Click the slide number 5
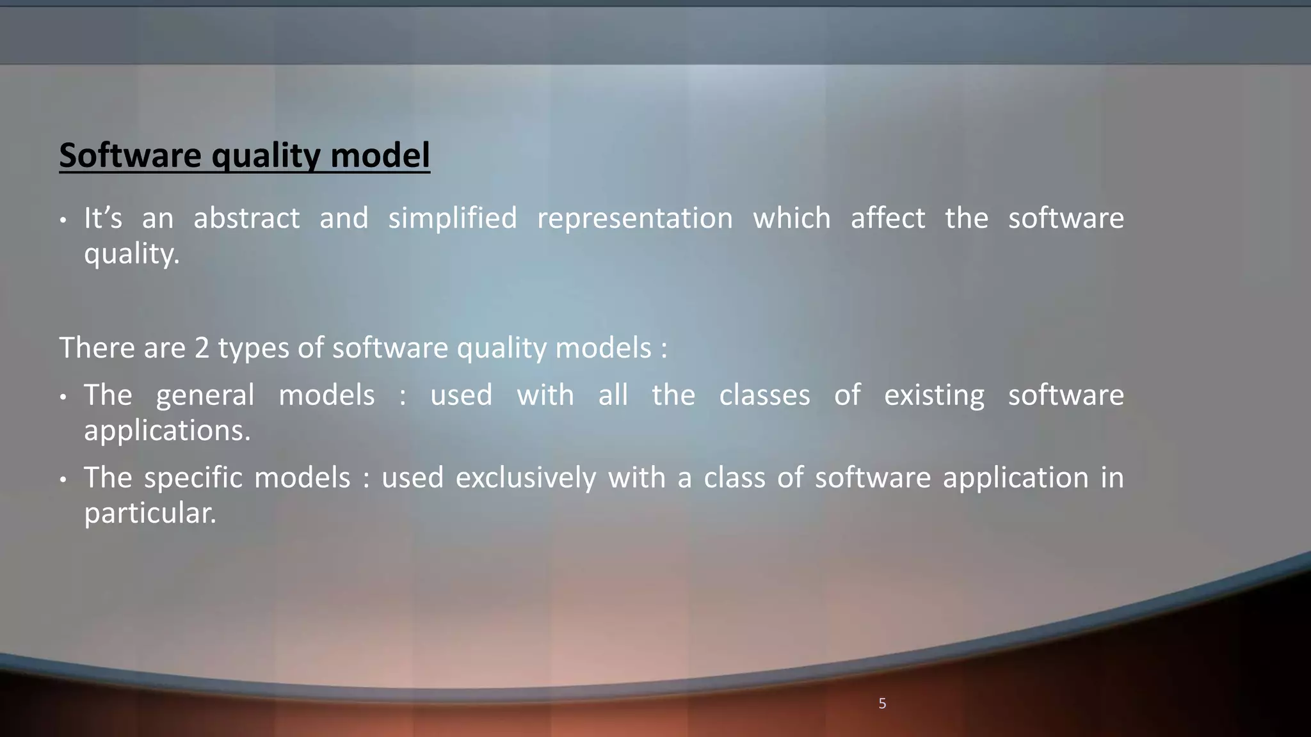pyautogui.click(x=882, y=704)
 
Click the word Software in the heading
pyautogui.click(x=130, y=155)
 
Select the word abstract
pyautogui.click(x=246, y=218)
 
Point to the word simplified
pyautogui.click(x=453, y=218)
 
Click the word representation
pyautogui.click(x=634, y=218)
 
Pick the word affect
pyautogui.click(x=887, y=218)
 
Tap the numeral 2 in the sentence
pyautogui.click(x=202, y=348)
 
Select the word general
pyautogui.click(x=205, y=395)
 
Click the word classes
pyautogui.click(x=764, y=395)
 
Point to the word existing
pyautogui.click(x=934, y=395)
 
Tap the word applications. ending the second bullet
pyautogui.click(x=167, y=431)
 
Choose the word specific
pyautogui.click(x=193, y=478)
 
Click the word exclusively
pyautogui.click(x=526, y=478)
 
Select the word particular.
pyautogui.click(x=150, y=513)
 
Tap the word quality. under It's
pyautogui.click(x=132, y=254)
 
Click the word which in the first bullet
pyautogui.click(x=791, y=218)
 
